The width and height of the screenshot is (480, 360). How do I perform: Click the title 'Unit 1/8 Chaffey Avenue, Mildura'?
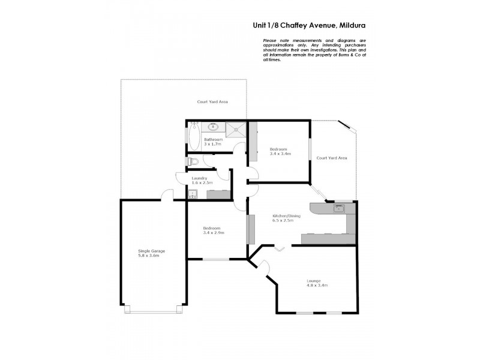click(x=308, y=26)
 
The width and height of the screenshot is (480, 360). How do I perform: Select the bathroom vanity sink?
click(x=214, y=127)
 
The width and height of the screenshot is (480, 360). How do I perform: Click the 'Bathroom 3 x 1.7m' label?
click(x=213, y=142)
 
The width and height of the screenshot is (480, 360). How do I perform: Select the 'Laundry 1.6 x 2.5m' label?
click(x=200, y=181)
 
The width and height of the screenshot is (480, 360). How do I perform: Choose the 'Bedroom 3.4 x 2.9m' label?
click(x=213, y=230)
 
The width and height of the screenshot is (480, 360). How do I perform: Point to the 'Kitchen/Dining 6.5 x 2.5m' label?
click(x=283, y=218)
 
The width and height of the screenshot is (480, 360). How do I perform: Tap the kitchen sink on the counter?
click(x=339, y=209)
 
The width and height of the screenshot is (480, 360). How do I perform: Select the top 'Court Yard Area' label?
click(x=212, y=102)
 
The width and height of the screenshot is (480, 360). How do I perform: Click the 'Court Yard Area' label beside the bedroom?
click(x=332, y=158)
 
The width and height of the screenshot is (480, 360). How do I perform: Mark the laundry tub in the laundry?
click(x=193, y=194)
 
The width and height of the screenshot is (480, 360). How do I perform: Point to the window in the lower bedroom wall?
click(x=216, y=259)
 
